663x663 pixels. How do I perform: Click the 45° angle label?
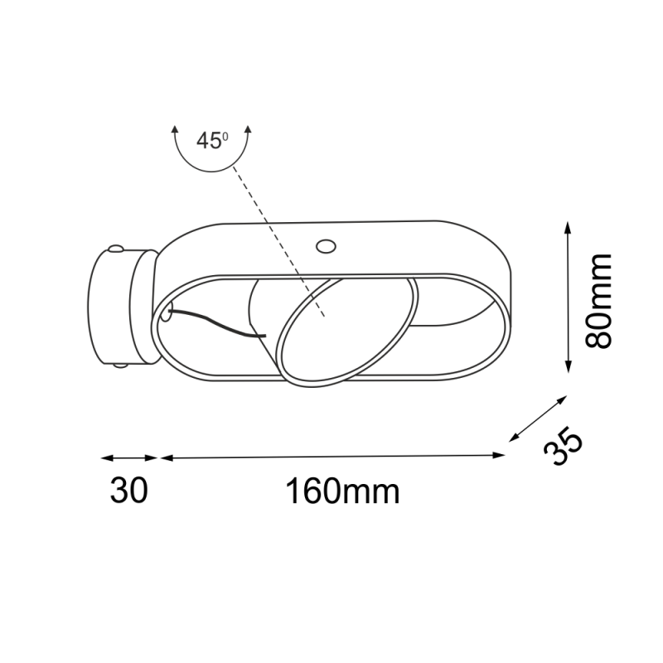pyautogui.click(x=212, y=141)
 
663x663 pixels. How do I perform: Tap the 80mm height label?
pyautogui.click(x=598, y=301)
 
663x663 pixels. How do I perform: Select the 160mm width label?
pyautogui.click(x=342, y=491)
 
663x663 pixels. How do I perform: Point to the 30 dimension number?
pyautogui.click(x=129, y=490)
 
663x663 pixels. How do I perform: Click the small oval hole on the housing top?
pyautogui.click(x=326, y=246)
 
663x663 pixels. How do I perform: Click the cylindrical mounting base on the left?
pyautogui.click(x=123, y=307)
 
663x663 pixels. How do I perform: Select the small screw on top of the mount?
pyautogui.click(x=116, y=248)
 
